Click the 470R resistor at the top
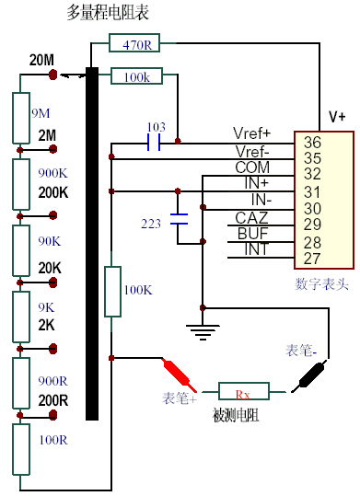[x=136, y=42]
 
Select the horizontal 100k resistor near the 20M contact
[x=136, y=75]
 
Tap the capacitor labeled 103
[x=154, y=143]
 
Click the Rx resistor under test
[x=243, y=394]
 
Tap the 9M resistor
[x=21, y=114]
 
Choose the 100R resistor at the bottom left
[x=21, y=451]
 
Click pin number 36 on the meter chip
[x=312, y=142]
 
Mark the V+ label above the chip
[x=337, y=117]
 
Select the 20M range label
[x=41, y=60]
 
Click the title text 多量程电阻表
[x=109, y=12]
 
